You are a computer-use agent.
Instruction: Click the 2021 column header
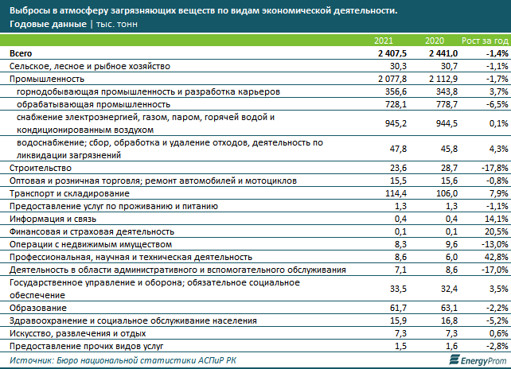[384, 41]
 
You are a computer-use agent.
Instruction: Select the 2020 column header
[435, 41]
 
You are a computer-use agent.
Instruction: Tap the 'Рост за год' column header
[485, 41]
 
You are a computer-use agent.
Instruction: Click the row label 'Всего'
[21, 53]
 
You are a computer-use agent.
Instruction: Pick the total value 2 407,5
[392, 53]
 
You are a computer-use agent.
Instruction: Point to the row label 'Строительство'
[41, 168]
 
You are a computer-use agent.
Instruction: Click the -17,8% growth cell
[495, 168]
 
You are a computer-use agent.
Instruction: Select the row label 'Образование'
[38, 308]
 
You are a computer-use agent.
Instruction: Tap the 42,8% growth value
[497, 258]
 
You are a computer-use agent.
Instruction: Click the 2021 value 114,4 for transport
[396, 193]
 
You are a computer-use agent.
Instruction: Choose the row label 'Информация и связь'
[53, 219]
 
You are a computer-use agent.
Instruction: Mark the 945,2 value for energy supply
[396, 123]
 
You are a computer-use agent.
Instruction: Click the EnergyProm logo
[478, 360]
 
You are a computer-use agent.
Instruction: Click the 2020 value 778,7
[447, 104]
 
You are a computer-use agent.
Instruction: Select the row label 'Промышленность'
[47, 80]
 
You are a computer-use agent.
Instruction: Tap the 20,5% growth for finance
[497, 232]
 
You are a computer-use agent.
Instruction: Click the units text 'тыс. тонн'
[117, 25]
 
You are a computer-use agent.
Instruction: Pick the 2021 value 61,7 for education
[398, 308]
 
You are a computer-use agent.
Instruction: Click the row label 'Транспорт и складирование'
[69, 193]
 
